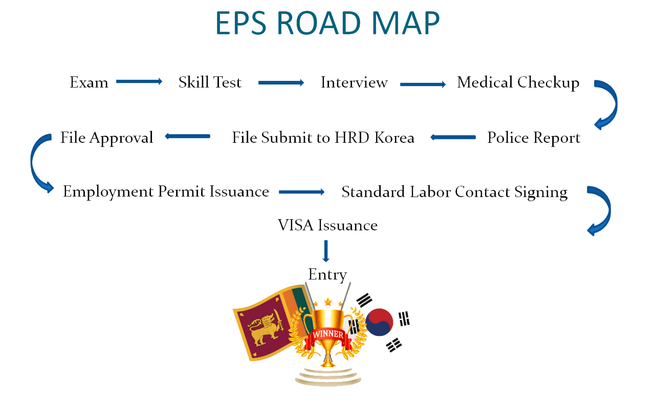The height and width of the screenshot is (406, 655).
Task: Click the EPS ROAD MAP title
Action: click(x=327, y=23)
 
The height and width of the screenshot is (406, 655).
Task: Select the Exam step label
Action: click(x=89, y=82)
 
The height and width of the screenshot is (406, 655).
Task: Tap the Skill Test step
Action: click(x=210, y=82)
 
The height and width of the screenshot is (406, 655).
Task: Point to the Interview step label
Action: click(x=354, y=82)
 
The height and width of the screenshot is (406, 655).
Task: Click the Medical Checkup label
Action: click(x=518, y=83)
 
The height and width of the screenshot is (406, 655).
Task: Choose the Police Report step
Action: click(x=534, y=138)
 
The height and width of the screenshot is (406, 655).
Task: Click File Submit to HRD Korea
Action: click(x=323, y=138)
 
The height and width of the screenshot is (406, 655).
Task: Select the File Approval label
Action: click(x=107, y=138)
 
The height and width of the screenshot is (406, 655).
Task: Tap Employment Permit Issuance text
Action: click(x=166, y=192)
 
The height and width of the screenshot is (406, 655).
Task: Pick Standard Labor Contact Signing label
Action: click(x=455, y=193)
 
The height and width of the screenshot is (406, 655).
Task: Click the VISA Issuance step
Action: click(x=327, y=225)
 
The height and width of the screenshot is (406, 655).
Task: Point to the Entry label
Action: click(x=327, y=275)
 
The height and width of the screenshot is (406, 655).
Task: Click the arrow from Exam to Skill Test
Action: click(x=139, y=81)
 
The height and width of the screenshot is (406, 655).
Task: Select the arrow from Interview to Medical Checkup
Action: click(x=423, y=84)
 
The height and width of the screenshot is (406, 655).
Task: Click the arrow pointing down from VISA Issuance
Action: click(x=326, y=251)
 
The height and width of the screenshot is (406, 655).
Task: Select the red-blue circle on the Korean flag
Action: click(x=379, y=322)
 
